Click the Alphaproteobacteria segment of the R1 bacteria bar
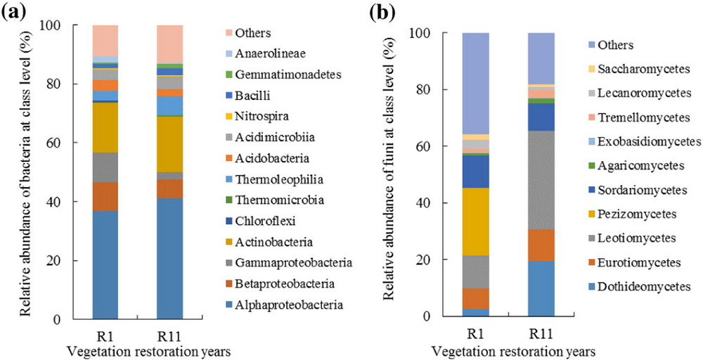[105, 264]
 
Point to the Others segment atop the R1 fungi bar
[476, 83]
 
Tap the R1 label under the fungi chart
[476, 333]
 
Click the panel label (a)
[15, 12]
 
